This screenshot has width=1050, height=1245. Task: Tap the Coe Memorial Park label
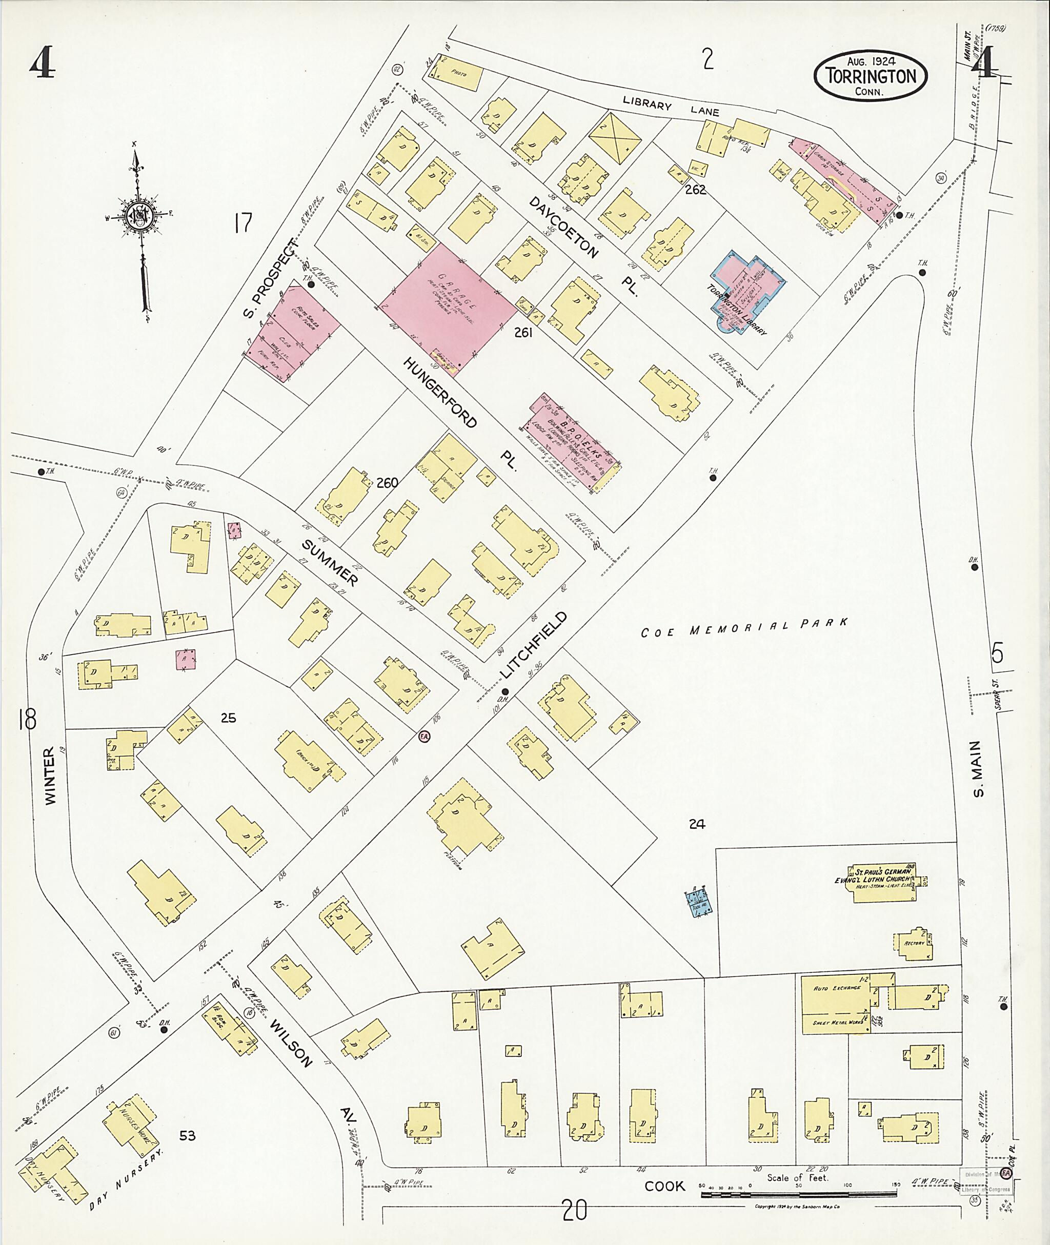coord(744,627)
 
